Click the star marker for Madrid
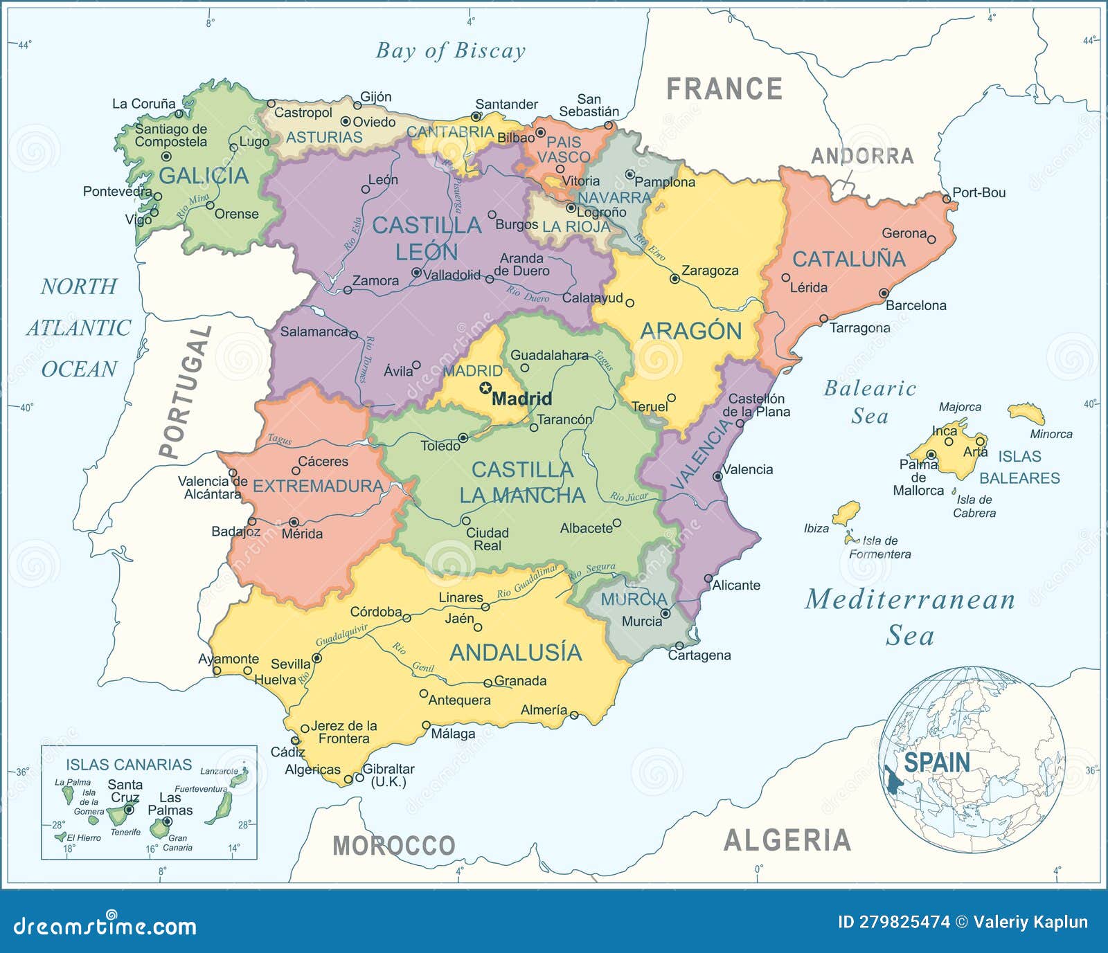point(485,389)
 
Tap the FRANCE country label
point(724,89)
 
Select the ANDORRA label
point(862,156)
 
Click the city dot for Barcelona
point(884,293)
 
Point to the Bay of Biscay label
point(450,51)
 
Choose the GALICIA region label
point(203,176)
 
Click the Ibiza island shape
point(846,513)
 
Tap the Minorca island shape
point(1026,413)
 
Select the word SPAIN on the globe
point(936,763)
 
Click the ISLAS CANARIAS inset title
point(128,765)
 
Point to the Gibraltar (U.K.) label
point(388,775)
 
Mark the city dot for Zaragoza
point(674,279)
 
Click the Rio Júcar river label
point(629,497)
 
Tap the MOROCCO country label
point(393,846)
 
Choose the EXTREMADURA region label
point(318,487)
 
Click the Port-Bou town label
point(979,193)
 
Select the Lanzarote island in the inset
point(238,780)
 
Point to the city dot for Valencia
point(717,477)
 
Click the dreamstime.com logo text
point(105,926)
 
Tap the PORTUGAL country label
point(185,392)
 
